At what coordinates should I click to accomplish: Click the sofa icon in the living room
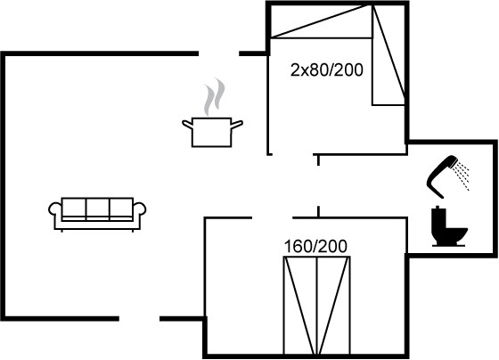click(x=97, y=214)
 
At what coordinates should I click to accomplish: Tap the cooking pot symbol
click(x=212, y=132)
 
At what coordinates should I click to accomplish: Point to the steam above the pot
click(x=214, y=96)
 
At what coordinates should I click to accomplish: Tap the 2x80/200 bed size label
click(x=326, y=70)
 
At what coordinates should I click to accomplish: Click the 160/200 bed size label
click(x=315, y=247)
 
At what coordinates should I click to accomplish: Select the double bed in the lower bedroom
click(x=316, y=306)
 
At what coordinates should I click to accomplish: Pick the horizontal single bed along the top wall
click(x=321, y=21)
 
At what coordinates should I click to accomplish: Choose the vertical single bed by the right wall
click(x=389, y=54)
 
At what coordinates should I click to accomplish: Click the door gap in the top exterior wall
click(x=219, y=53)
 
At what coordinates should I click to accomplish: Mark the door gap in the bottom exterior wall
click(x=139, y=319)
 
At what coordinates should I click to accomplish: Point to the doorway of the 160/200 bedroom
click(x=273, y=218)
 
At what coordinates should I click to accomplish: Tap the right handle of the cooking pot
click(x=237, y=125)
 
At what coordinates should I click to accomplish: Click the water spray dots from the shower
click(x=462, y=175)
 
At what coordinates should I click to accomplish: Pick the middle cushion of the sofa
click(x=97, y=208)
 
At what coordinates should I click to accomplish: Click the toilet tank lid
click(x=438, y=209)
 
